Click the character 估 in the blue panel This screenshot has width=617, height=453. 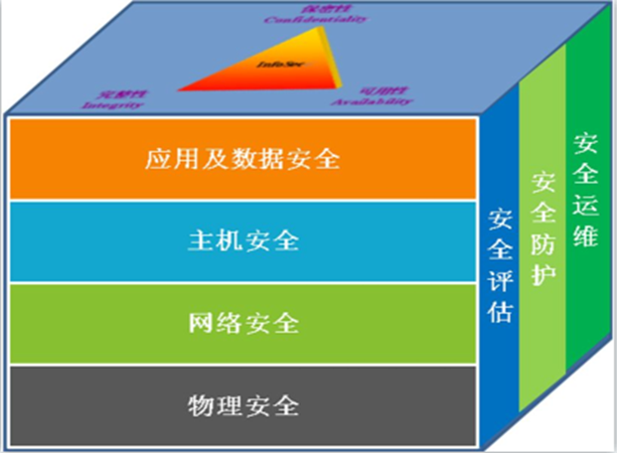pyautogui.click(x=500, y=309)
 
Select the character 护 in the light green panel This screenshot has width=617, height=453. pyautogui.click(x=543, y=271)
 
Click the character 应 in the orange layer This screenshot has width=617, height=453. pyautogui.click(x=156, y=159)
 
